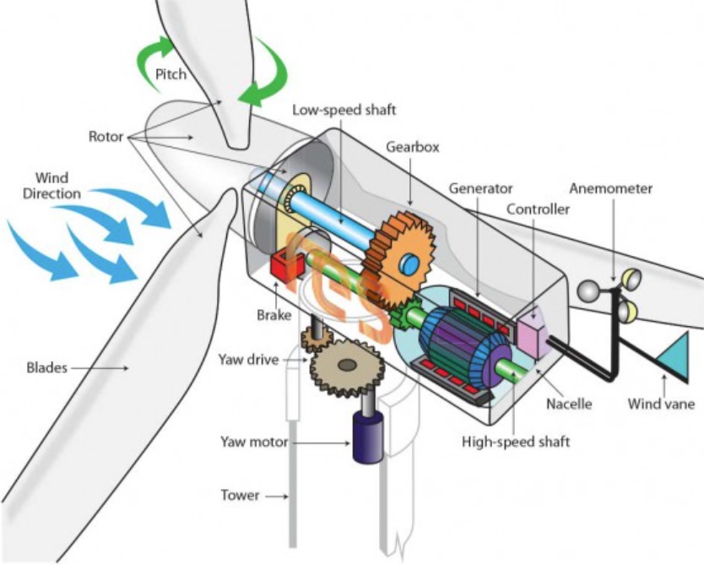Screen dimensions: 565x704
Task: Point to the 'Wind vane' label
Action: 661,404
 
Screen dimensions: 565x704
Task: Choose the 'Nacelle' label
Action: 568,404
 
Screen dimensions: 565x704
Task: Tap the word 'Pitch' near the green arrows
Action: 171,75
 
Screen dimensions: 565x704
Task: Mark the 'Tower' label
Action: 241,495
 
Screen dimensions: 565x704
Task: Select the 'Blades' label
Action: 45,368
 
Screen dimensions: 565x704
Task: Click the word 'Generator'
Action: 481,188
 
